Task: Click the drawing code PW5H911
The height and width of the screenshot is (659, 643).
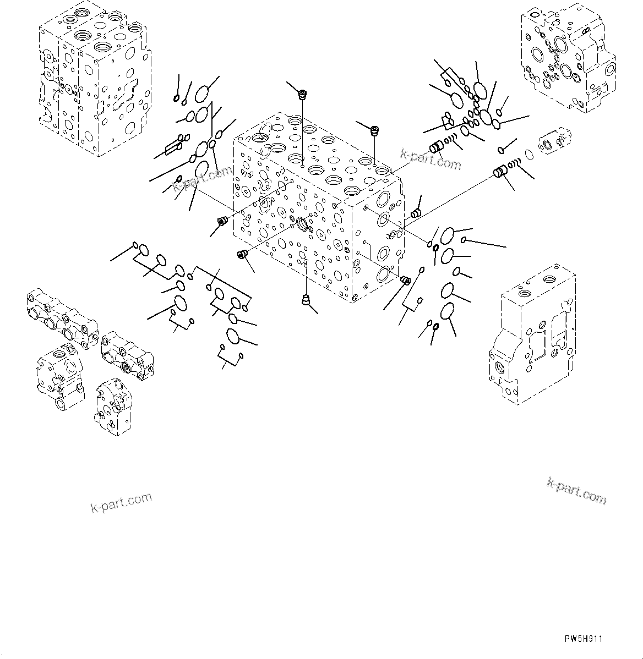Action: pyautogui.click(x=583, y=639)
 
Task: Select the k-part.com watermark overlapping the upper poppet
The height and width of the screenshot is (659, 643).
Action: pyautogui.click(x=431, y=159)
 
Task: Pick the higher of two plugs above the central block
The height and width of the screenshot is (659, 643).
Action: pyautogui.click(x=302, y=96)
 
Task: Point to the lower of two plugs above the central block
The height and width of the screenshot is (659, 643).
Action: pyautogui.click(x=374, y=131)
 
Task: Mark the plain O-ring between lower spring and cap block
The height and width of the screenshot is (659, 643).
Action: pyautogui.click(x=528, y=156)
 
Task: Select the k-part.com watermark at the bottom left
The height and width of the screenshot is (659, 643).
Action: pyautogui.click(x=121, y=502)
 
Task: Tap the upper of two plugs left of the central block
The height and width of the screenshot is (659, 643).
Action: pyautogui.click(x=223, y=221)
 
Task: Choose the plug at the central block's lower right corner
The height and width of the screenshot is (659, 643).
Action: pyautogui.click(x=406, y=281)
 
